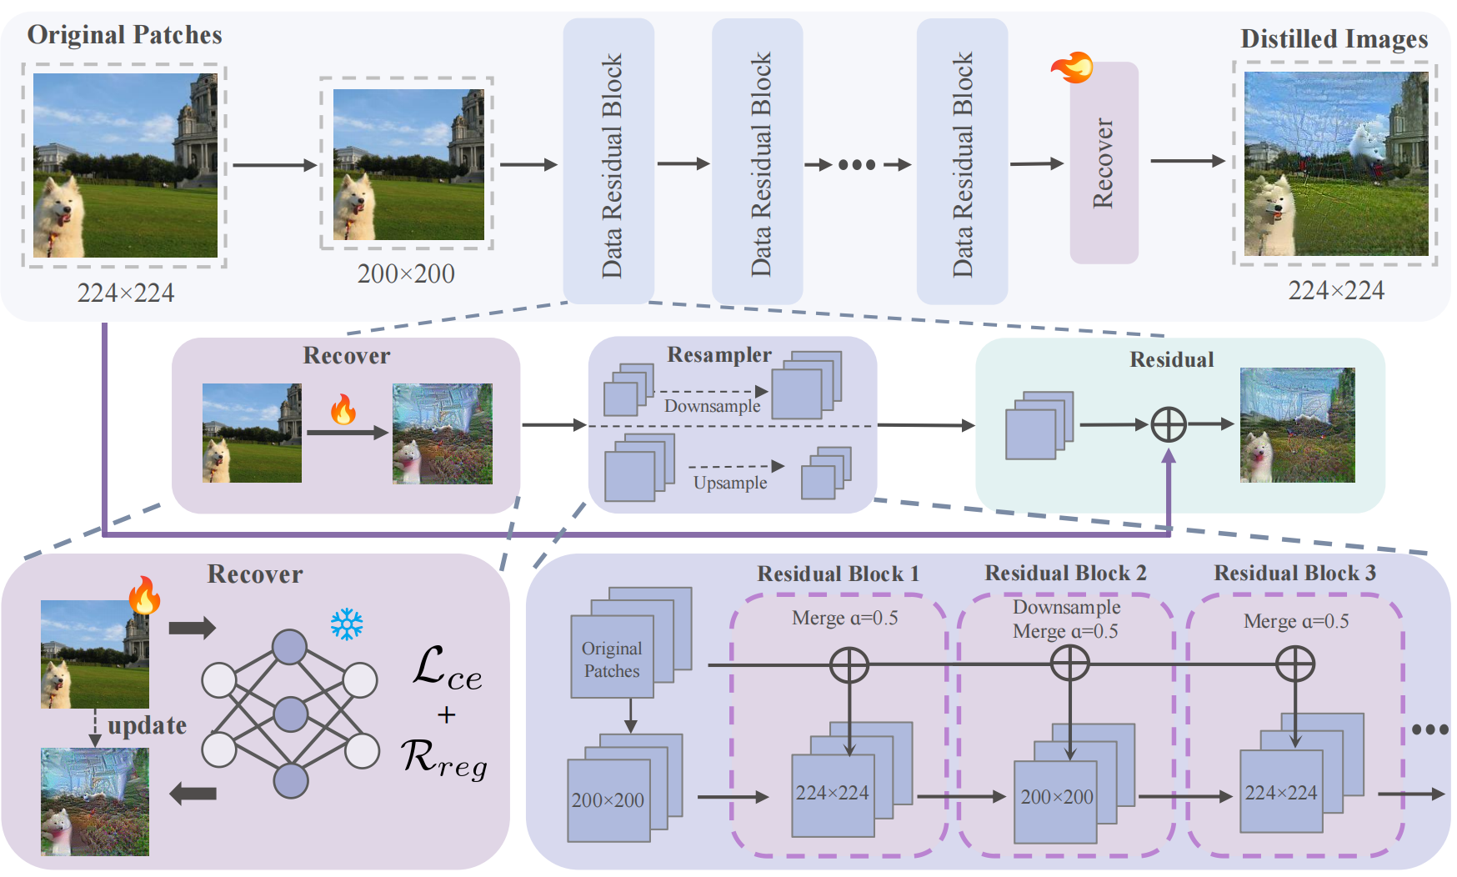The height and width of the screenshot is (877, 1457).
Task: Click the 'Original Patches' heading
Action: click(x=124, y=35)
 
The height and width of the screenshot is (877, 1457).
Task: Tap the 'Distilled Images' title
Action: click(x=1334, y=39)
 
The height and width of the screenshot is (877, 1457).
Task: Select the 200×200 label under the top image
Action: click(x=406, y=273)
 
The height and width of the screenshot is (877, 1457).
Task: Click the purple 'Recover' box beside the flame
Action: click(x=1104, y=163)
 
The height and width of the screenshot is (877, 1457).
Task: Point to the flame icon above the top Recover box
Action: click(x=1072, y=67)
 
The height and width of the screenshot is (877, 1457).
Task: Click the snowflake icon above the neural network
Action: click(x=347, y=624)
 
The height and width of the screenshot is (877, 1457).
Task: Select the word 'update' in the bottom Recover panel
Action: click(x=147, y=725)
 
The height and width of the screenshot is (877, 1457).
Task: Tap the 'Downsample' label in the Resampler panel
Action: click(x=712, y=406)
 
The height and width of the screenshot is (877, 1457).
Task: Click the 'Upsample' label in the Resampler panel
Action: click(x=730, y=483)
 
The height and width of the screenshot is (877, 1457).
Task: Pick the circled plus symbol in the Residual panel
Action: click(x=1169, y=424)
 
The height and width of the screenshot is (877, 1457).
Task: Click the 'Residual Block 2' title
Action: click(x=1065, y=574)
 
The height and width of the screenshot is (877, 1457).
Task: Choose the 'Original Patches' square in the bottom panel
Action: click(x=612, y=659)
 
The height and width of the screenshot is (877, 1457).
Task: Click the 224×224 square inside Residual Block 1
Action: click(x=832, y=794)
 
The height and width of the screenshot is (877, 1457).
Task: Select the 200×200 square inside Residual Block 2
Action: click(x=1056, y=799)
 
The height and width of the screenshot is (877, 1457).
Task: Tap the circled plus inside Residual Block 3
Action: click(x=1295, y=664)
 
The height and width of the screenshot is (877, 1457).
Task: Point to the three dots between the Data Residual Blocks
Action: click(x=857, y=164)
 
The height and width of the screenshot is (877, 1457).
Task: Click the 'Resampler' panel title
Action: click(x=718, y=355)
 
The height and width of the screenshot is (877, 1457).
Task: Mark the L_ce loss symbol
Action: click(x=448, y=669)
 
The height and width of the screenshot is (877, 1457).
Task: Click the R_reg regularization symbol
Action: click(x=444, y=759)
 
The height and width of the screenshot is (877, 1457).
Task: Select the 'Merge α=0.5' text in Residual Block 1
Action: click(x=844, y=619)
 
